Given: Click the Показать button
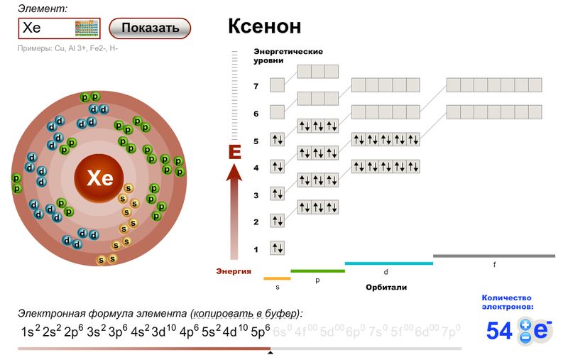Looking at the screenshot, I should tap(150, 28).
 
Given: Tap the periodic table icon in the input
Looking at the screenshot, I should tap(87, 28).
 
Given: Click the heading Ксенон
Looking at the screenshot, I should tap(264, 27).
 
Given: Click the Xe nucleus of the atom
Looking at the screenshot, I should tap(99, 178).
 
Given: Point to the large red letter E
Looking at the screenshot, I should tap(235, 152).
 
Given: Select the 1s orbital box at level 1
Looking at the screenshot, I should tap(277, 249).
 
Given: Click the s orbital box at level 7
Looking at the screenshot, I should tap(277, 85).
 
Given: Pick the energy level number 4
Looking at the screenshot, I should tap(256, 168).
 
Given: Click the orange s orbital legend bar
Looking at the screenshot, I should tap(277, 278).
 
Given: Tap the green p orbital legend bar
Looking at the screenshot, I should tap(317, 271).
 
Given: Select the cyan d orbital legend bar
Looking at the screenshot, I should tap(388, 263).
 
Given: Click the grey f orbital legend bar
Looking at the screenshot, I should tap(494, 256).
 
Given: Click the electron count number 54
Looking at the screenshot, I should tap(499, 331).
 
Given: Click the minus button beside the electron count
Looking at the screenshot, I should tap(525, 338).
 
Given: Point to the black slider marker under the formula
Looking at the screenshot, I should tap(270, 351).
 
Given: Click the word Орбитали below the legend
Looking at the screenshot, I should tap(386, 288).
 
